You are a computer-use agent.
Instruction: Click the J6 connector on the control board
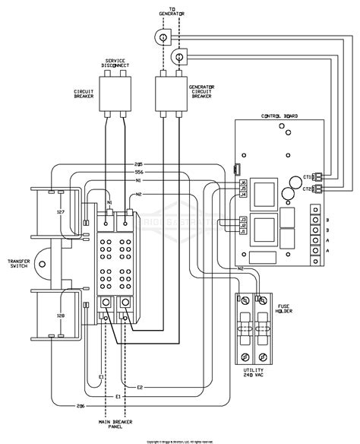(242, 182)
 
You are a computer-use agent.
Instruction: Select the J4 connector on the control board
(242, 195)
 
